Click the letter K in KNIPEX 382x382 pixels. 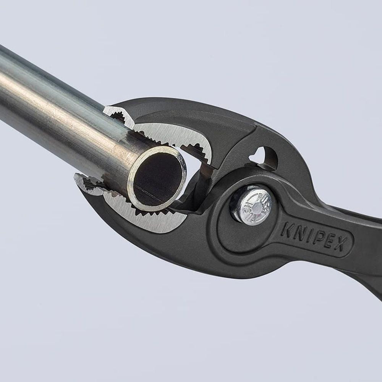[x=288, y=230]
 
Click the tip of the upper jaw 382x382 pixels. [x=111, y=111]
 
